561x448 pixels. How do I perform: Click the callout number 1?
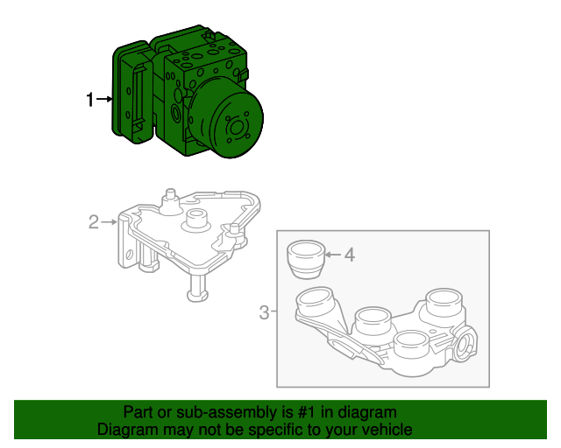89,101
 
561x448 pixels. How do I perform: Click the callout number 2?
94,222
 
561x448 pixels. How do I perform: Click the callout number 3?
264,311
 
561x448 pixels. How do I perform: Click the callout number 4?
349,255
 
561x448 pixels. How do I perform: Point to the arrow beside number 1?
104,101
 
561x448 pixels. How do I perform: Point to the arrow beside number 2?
110,222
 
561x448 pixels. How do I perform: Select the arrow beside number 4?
331,255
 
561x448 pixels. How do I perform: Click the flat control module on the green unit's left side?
130,92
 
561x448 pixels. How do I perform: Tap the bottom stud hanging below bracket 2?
198,286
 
